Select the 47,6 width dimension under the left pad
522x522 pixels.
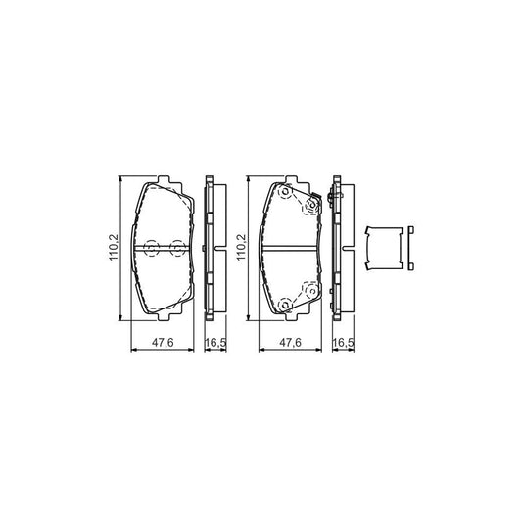tap(165, 343)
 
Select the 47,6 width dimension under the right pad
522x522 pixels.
tap(291, 343)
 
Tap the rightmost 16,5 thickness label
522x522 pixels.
tap(342, 343)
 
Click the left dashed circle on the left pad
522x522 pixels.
tap(151, 249)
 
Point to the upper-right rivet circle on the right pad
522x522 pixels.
tap(311, 207)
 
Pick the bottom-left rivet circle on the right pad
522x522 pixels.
tap(285, 305)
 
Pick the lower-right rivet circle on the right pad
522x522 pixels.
tap(310, 291)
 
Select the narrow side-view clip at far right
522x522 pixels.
tap(412, 249)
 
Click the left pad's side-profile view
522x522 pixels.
tap(211, 249)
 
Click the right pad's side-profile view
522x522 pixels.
tap(339, 249)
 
